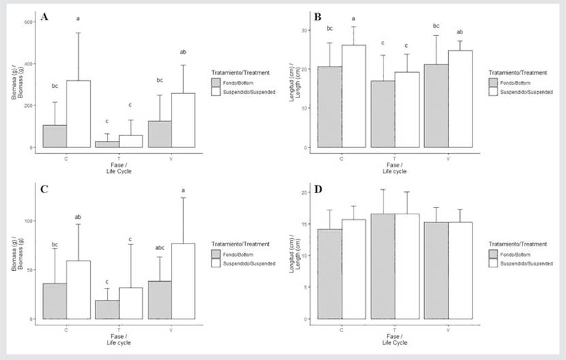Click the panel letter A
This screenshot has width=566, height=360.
point(44,16)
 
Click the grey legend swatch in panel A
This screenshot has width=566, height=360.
point(217,82)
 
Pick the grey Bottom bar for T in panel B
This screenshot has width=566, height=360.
point(383,114)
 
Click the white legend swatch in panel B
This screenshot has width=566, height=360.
point(494,91)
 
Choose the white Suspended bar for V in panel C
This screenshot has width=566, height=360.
point(183,281)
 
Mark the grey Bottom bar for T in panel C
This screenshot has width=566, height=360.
point(107,310)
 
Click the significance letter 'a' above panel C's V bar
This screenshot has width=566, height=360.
point(183,190)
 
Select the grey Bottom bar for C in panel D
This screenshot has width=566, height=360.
point(330,274)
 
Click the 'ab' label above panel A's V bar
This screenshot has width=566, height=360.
point(183,52)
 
